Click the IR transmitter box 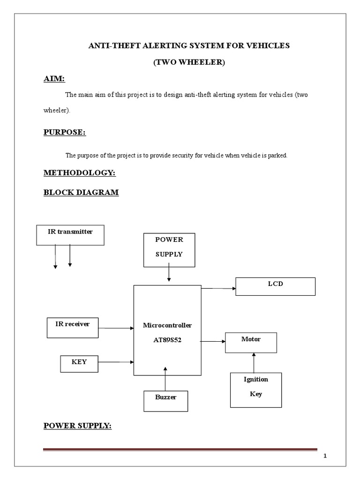[70, 235]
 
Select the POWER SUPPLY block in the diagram [169, 250]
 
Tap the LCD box [275, 286]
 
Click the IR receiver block [73, 327]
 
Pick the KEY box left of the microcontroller [79, 363]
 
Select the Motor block [251, 342]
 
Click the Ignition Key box [255, 389]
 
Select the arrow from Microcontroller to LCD [218, 289]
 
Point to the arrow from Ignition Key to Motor [254, 362]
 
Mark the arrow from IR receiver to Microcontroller [116, 329]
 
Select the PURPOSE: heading [65, 133]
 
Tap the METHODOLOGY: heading [80, 173]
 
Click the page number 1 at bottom [325, 457]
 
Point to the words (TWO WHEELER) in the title [189, 63]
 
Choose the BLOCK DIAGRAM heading [81, 192]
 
